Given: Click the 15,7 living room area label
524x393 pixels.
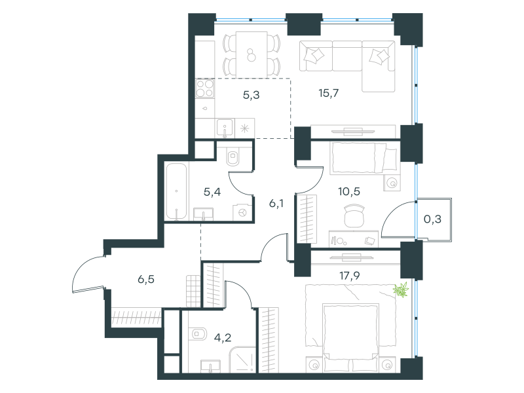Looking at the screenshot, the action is coord(329,93).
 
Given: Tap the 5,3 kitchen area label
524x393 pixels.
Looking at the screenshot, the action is coord(252,95).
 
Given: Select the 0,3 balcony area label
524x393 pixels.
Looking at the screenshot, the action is coord(432,219).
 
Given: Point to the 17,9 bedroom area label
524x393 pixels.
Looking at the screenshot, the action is coord(350,276).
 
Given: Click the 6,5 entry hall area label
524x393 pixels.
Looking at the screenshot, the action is coord(146,279).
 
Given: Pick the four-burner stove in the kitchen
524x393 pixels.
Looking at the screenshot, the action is coord(205,88).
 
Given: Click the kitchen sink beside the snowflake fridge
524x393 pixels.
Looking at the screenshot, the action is coord(225,128).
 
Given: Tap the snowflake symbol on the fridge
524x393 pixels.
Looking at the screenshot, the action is coord(245,128).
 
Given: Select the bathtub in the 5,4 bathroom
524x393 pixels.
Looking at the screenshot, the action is coord(176,191).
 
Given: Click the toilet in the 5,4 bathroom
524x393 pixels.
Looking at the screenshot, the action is coord(233,157).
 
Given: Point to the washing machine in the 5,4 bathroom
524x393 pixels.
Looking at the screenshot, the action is coord(242,212).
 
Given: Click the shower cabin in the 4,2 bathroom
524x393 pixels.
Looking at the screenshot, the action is coord(242,360).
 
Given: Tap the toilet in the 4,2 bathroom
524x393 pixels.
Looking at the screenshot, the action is coord(197,334).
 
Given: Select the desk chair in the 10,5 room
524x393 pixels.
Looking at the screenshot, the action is coord(354,216).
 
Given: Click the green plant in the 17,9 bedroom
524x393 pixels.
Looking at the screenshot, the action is coord(402,290).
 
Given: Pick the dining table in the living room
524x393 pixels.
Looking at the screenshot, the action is coord(252,54).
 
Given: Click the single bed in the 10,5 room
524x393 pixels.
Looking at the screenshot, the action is coord(364,158).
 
